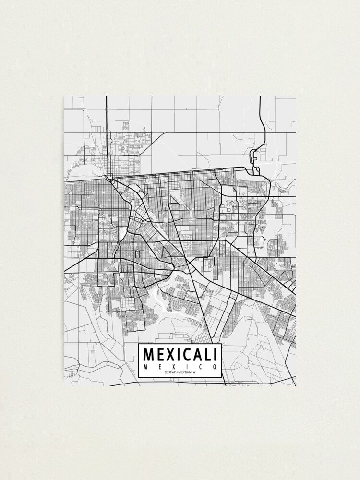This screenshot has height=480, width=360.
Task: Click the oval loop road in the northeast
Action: click(x=254, y=156)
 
